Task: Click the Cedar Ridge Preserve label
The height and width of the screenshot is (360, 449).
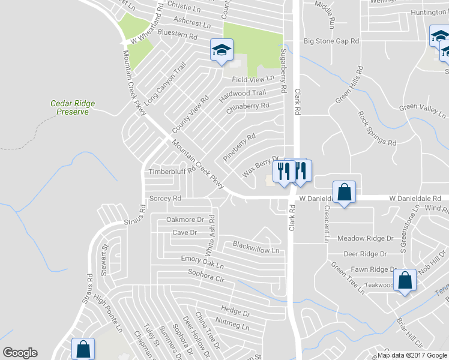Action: point(73,107)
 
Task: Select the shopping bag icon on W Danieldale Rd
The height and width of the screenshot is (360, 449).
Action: point(344,193)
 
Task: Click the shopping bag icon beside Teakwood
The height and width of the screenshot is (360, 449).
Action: point(405,281)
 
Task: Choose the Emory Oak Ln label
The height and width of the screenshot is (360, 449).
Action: point(202,262)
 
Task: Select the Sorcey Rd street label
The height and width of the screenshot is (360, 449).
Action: point(165,198)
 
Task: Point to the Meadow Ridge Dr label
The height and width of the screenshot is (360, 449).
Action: point(364,239)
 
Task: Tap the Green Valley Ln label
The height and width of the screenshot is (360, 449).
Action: point(423,110)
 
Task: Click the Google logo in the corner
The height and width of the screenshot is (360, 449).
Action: point(20,353)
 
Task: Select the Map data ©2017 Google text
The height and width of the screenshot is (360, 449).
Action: point(412,355)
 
